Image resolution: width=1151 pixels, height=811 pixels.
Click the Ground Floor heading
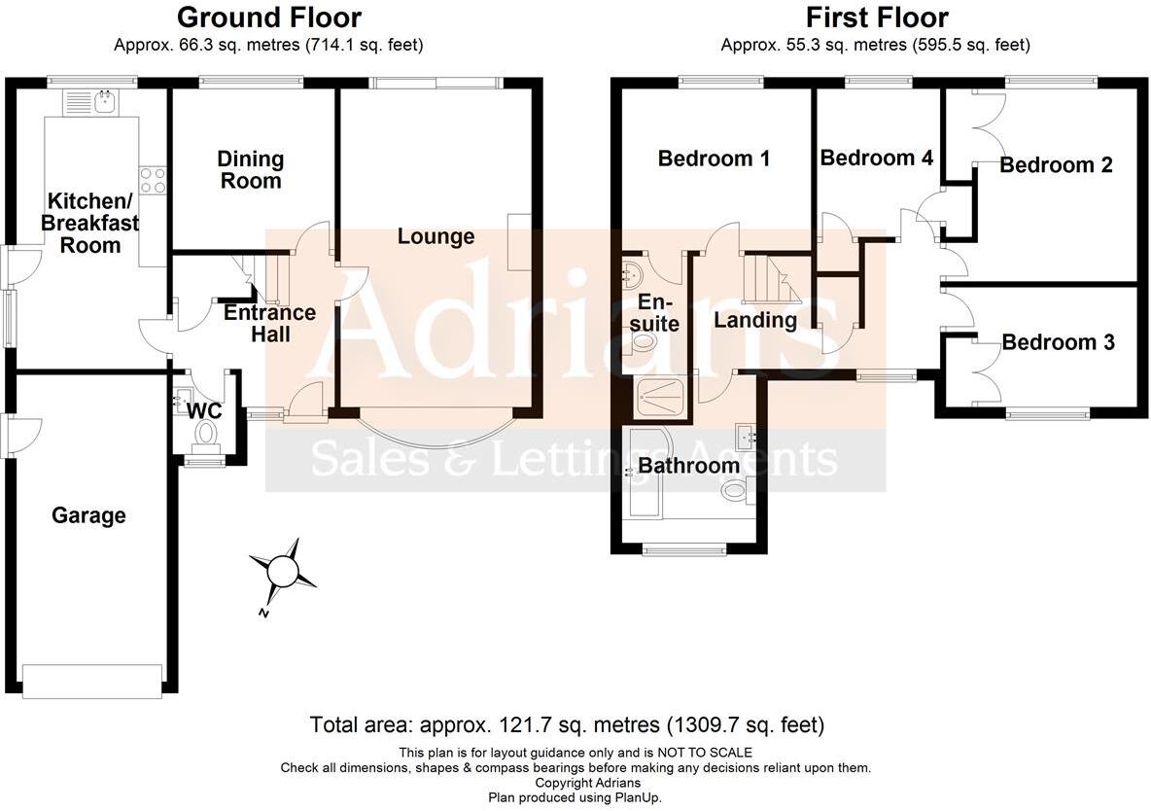click(x=269, y=18)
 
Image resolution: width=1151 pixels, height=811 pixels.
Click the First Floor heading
click(x=877, y=18)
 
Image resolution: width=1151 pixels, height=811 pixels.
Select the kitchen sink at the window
click(x=102, y=100)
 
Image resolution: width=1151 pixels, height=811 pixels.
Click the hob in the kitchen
click(x=153, y=180)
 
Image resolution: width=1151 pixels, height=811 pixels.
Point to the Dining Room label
click(x=251, y=169)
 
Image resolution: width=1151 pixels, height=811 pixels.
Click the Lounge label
click(x=436, y=236)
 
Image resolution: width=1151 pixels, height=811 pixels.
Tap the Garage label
click(x=88, y=515)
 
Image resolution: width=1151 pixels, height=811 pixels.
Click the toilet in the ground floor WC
click(x=207, y=439)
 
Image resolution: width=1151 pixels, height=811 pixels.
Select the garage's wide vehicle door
click(x=93, y=680)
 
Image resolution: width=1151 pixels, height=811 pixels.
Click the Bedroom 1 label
click(x=714, y=159)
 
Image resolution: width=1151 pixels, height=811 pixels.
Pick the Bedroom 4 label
click(x=876, y=158)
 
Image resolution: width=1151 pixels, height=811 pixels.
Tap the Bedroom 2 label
click(x=1056, y=165)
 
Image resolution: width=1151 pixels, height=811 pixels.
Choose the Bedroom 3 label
click(x=1058, y=342)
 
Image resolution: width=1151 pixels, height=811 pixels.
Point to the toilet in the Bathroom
click(x=734, y=493)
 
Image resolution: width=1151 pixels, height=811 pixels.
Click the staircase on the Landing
click(x=770, y=279)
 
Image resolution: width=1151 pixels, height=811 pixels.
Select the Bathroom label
click(x=688, y=466)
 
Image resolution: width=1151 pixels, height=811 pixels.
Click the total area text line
click(x=567, y=725)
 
